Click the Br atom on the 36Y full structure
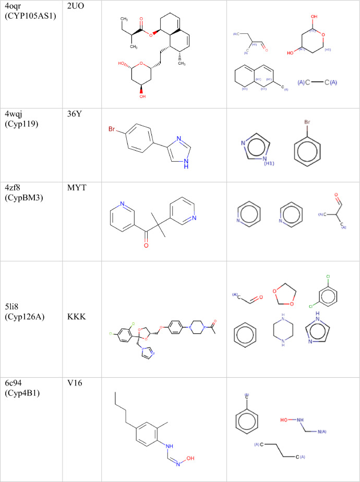click(112, 129)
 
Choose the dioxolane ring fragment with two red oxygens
click(284, 295)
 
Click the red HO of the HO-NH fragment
click(285, 419)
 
